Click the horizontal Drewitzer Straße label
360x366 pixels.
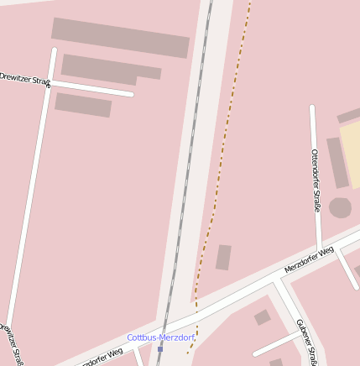pyautogui.click(x=25, y=78)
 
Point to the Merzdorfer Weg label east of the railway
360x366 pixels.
pyautogui.click(x=309, y=260)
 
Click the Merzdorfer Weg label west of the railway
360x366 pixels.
pyautogui.click(x=102, y=358)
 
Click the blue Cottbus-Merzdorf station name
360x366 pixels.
pyautogui.click(x=160, y=337)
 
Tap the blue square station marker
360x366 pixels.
pyautogui.click(x=160, y=349)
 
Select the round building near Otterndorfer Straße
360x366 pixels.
pyautogui.click(x=340, y=207)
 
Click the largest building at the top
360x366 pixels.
pyautogui.click(x=120, y=38)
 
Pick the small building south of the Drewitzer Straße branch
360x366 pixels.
pyautogui.click(x=83, y=105)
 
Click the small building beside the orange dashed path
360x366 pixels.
pyautogui.click(x=223, y=257)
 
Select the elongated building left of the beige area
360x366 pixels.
pyautogui.click(x=337, y=163)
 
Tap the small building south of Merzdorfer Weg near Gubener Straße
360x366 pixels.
pyautogui.click(x=262, y=317)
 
